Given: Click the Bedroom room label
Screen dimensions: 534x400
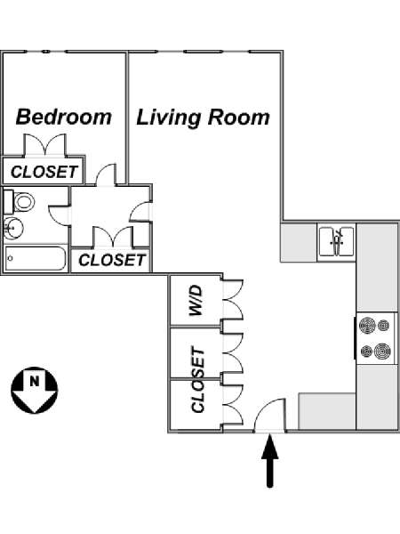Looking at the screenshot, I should [x=64, y=117].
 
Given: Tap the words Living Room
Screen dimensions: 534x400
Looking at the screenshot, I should [x=203, y=117].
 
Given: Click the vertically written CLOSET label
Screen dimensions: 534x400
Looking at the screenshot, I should [x=198, y=381].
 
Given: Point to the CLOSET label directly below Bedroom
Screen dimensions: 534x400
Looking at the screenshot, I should [x=43, y=172].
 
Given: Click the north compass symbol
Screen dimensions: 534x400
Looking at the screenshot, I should [x=34, y=389].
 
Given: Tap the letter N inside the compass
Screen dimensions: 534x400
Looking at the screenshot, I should [x=34, y=382].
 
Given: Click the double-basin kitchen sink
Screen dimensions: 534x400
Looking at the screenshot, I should [x=337, y=240].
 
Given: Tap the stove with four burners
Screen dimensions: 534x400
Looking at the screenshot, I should [x=374, y=338].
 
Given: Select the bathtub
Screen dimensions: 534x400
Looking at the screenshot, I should [x=36, y=260].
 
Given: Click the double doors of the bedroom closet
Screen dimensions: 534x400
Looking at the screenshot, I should [x=43, y=146].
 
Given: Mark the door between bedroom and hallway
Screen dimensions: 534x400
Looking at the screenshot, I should [x=106, y=175].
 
